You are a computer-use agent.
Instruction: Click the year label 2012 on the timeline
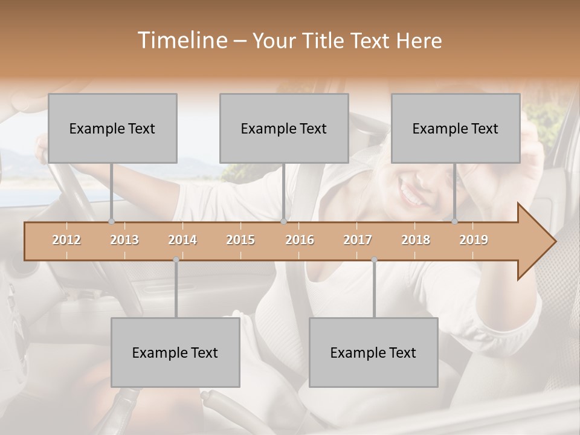point(66,240)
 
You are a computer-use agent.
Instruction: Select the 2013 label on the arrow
point(124,240)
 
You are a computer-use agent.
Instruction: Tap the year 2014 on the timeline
point(182,240)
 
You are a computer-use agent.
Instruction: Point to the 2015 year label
point(240,240)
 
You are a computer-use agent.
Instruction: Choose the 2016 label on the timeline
point(300,240)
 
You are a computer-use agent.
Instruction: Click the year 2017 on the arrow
point(358,240)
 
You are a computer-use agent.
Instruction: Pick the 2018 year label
point(416,240)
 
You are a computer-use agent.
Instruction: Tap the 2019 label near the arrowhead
point(474,240)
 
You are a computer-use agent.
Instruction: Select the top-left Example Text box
point(112,128)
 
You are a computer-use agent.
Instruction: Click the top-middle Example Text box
point(284,128)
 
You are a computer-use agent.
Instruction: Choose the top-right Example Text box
point(456,128)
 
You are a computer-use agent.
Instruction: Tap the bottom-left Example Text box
point(175,352)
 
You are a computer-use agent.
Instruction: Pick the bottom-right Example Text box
point(373,352)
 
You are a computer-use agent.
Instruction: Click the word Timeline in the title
point(182,40)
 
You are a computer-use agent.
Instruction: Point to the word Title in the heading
point(325,40)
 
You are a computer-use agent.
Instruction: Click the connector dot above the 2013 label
point(112,222)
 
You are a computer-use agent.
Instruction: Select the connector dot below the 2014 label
point(176,260)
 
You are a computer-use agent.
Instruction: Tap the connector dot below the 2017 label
point(374,260)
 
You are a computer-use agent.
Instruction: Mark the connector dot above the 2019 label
point(455,222)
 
